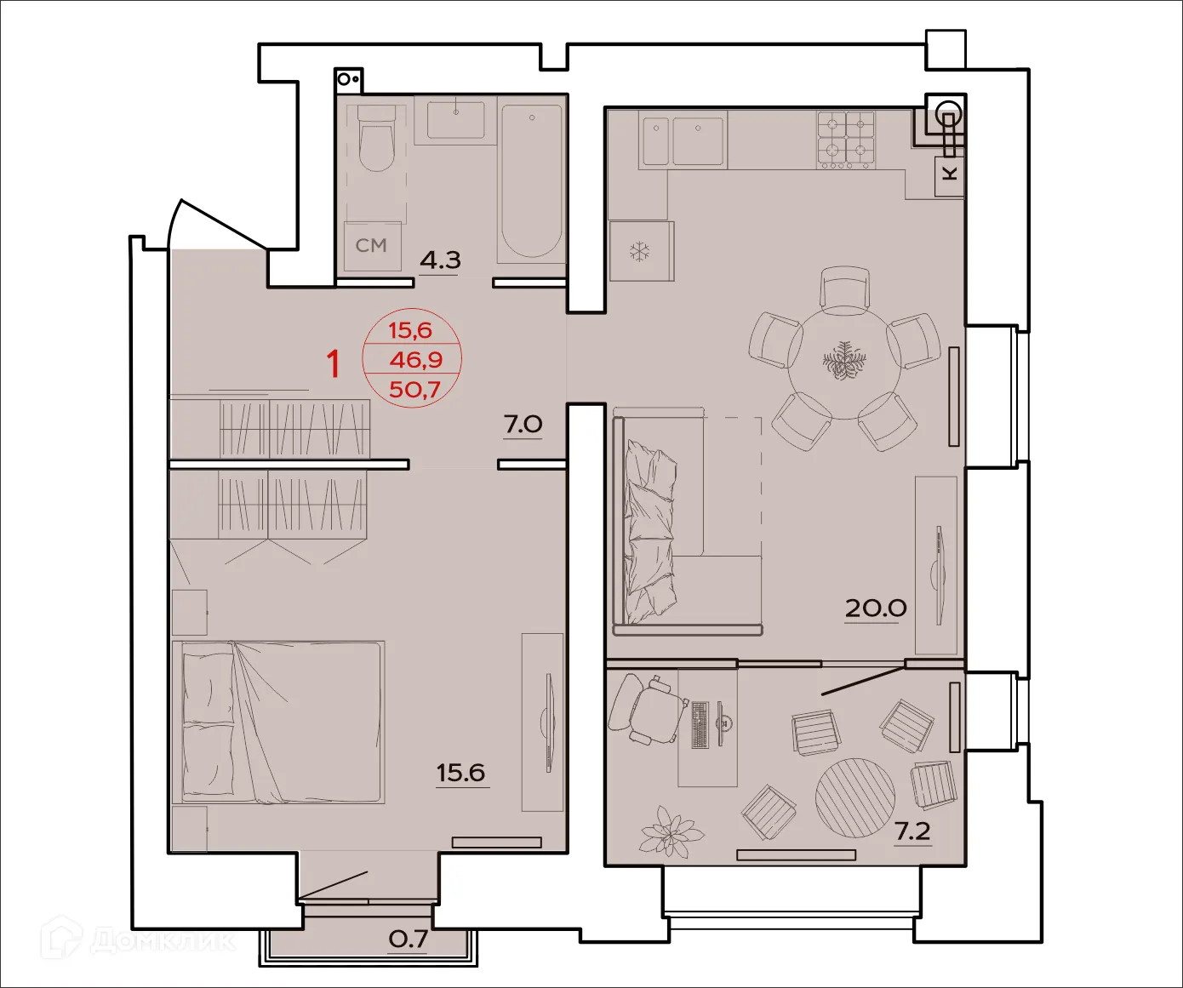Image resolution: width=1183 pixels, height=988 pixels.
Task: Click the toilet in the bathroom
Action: click(376, 140)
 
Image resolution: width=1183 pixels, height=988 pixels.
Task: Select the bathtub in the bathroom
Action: click(531, 180)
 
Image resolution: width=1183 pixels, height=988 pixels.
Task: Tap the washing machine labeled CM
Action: click(372, 246)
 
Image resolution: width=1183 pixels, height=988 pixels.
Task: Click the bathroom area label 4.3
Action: click(440, 260)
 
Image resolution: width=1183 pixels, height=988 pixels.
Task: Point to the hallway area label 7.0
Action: click(523, 424)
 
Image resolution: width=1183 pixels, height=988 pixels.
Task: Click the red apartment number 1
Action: click(334, 364)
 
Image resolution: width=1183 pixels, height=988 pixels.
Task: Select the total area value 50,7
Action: click(414, 390)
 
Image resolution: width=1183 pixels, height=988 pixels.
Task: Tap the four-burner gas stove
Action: click(846, 138)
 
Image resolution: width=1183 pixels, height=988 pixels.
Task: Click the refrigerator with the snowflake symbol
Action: click(641, 252)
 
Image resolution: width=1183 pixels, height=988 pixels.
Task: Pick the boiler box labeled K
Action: click(950, 174)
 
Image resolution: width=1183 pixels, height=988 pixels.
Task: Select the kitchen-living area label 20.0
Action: click(875, 608)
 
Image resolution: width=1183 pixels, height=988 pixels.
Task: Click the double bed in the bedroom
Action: click(278, 722)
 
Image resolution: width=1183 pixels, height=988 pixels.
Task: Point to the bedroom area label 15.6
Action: click(460, 773)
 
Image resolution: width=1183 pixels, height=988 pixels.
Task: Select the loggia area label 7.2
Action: click(912, 831)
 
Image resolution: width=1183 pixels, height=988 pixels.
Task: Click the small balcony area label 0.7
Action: click(408, 939)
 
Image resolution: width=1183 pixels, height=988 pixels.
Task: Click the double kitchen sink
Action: click(683, 140)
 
